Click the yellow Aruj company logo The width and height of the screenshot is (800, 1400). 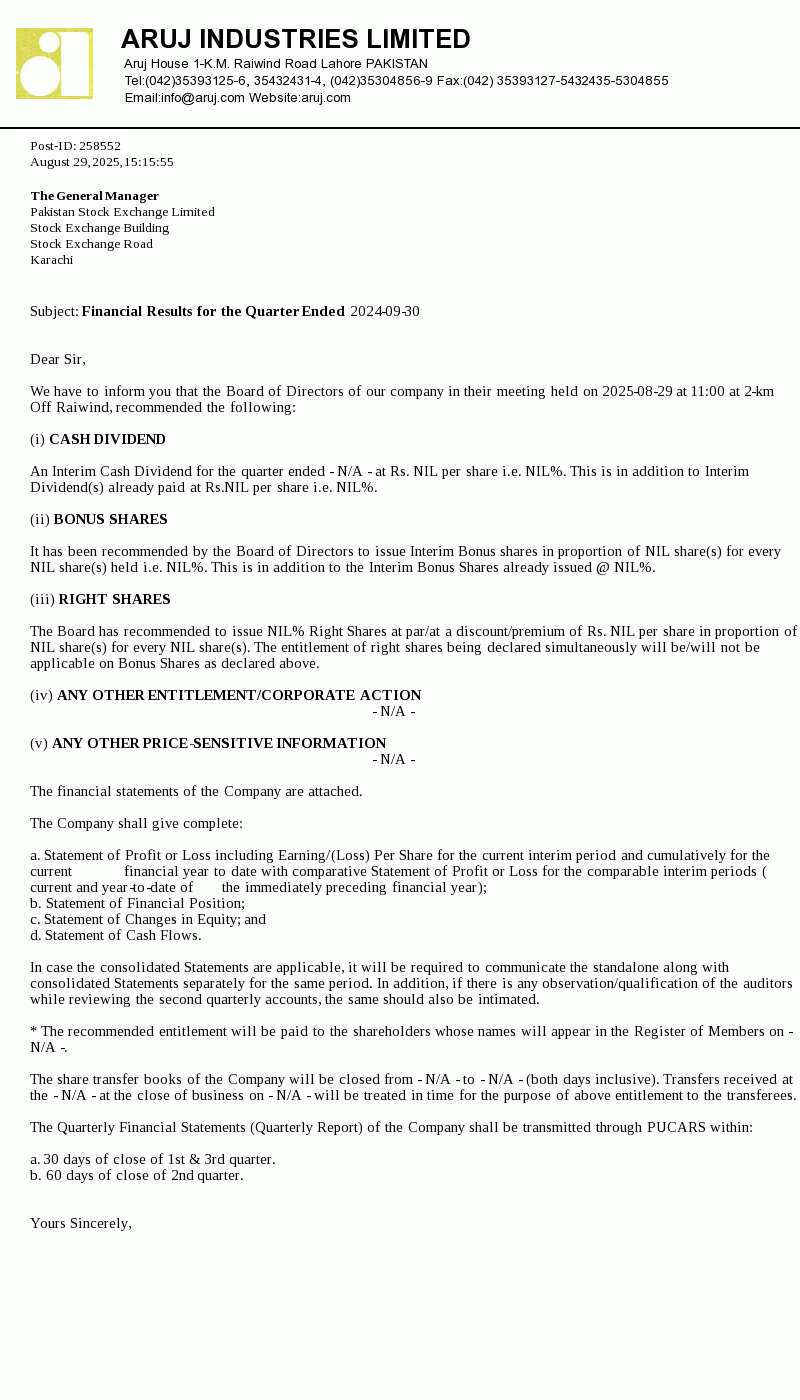pos(54,63)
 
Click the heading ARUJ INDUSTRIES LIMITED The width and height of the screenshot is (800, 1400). pos(295,39)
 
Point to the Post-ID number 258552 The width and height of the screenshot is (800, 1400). pos(100,146)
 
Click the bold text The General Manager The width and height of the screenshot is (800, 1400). pos(94,196)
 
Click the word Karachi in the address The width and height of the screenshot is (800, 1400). pos(52,260)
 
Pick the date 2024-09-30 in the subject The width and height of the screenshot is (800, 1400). pos(385,312)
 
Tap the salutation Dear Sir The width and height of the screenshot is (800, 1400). pos(58,360)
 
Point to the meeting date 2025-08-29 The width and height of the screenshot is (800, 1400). pos(637,392)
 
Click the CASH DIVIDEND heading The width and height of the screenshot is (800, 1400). pos(107,440)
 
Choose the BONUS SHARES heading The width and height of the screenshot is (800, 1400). pos(110,520)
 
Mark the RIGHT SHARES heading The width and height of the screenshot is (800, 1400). pos(114,600)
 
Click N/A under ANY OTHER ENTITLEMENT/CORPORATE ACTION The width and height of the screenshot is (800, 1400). pos(394,712)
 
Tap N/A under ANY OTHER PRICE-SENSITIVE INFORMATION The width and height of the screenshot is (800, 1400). pos(394,760)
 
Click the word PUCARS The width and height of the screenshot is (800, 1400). pos(677,1128)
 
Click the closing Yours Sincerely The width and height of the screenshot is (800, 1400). pos(81,1224)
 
